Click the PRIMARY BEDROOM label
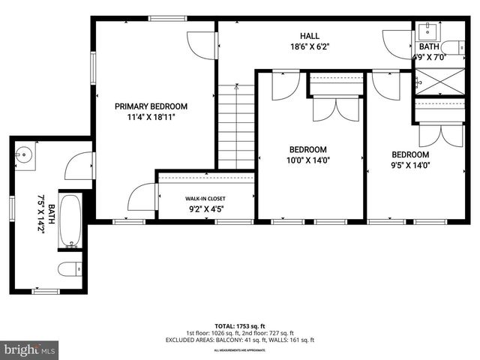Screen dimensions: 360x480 point(151,106)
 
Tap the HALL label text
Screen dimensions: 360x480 point(310,36)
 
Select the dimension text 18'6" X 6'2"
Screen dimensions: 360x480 point(310,46)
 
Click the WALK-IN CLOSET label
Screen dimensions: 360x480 point(205,199)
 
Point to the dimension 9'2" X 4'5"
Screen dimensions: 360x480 point(205,210)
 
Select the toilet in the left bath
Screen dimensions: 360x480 point(68,268)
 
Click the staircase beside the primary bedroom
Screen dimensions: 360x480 point(236,127)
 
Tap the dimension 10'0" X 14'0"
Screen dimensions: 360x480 point(309,160)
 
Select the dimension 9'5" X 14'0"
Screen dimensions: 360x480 point(409,166)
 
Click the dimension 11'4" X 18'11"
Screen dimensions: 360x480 point(151,117)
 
